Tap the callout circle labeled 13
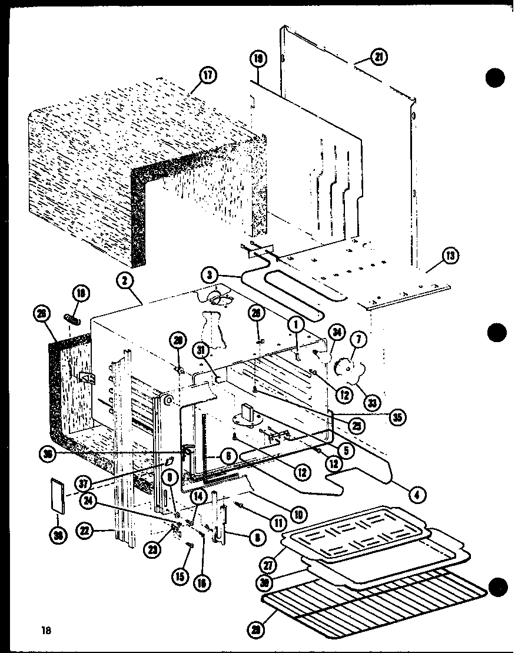(450, 256)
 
